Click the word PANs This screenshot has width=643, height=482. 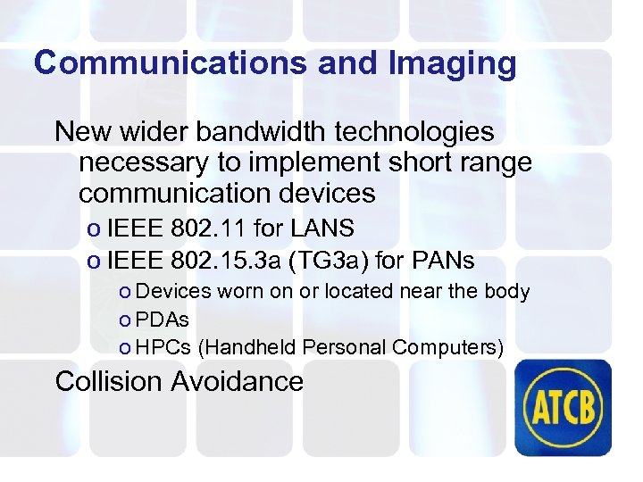pos(443,262)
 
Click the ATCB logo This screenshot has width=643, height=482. pos(567,406)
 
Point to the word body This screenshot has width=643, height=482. pos(507,292)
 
